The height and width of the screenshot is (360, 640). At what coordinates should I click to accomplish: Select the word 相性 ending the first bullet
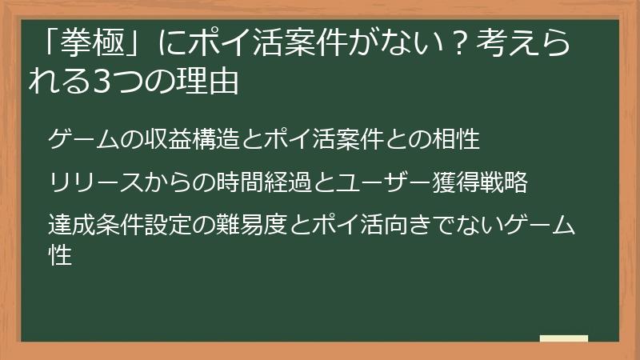(459, 140)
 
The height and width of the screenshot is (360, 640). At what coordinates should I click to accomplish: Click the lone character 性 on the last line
(60, 254)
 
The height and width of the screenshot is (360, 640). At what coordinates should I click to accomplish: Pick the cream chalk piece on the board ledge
(563, 338)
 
